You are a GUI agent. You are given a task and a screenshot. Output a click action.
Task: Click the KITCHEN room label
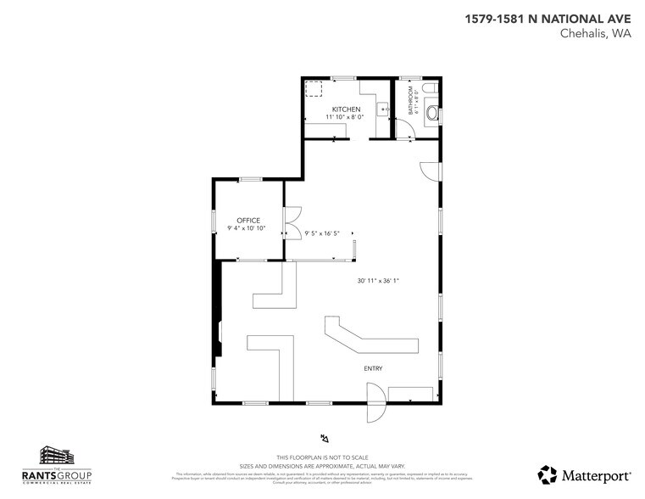coord(346,109)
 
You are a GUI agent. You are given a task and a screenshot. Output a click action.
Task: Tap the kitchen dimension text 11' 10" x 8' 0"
coord(345,117)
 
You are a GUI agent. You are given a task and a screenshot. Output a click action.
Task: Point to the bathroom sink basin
coord(434,112)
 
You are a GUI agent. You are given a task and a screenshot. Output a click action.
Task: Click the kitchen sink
coord(382,109)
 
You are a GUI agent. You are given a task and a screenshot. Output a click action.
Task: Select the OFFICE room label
coord(248,221)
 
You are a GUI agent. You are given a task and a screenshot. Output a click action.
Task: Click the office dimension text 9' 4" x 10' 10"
coord(247,228)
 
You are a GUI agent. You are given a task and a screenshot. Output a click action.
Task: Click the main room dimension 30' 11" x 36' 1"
coord(377,281)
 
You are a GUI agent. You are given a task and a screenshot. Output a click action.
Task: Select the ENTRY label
coord(373,368)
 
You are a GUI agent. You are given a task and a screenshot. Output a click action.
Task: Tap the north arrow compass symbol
coord(325,438)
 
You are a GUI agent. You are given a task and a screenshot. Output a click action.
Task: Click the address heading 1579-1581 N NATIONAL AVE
coord(548,18)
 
